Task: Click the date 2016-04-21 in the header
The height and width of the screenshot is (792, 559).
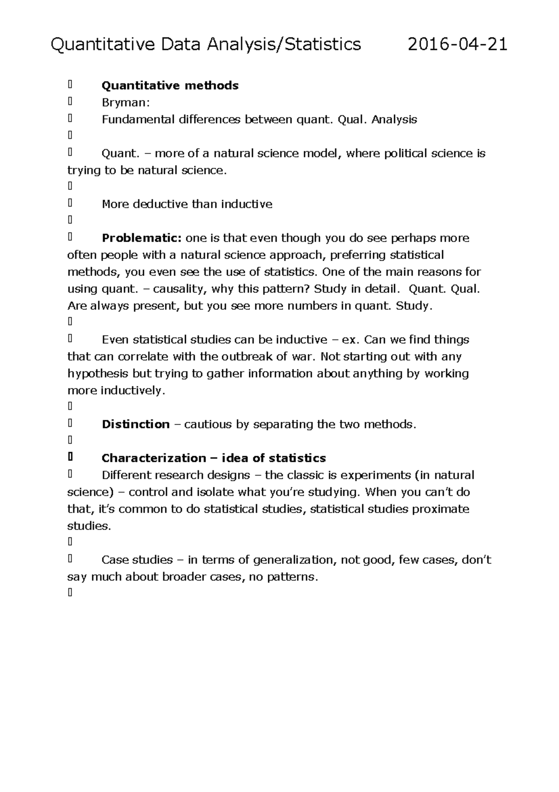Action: point(457,45)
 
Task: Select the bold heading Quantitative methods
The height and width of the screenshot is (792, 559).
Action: point(170,85)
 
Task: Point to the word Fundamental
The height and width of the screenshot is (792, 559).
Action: point(138,119)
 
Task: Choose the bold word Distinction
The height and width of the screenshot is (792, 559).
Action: point(136,424)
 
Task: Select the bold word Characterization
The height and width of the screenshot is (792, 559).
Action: point(152,458)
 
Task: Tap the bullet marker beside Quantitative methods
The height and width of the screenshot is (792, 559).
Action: point(70,85)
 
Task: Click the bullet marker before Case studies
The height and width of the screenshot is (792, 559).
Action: point(70,559)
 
